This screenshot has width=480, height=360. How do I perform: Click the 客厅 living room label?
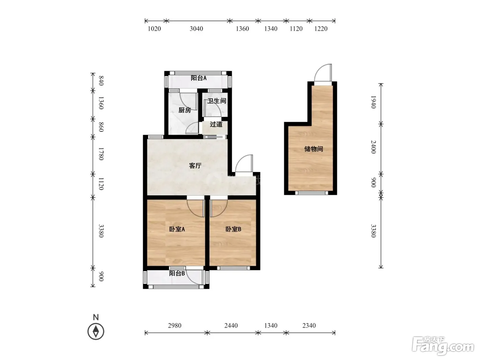[x=195, y=166]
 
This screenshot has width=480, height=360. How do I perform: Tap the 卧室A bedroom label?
[x=177, y=229]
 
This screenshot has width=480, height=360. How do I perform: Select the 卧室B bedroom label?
[x=233, y=229]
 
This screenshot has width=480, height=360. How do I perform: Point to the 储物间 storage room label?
[x=313, y=149]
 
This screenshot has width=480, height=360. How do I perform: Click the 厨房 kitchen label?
[x=184, y=110]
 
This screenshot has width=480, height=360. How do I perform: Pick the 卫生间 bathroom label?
[x=217, y=101]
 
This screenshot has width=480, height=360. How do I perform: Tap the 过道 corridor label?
[x=216, y=124]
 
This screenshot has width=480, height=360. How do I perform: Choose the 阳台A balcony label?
[x=199, y=78]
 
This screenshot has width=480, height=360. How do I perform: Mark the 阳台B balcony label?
[x=177, y=273]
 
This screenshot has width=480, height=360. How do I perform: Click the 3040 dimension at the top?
[x=196, y=29]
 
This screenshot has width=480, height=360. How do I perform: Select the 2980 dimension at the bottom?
[x=175, y=325]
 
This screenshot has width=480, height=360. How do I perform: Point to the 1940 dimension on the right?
[x=373, y=102]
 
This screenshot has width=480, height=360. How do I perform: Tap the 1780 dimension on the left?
[x=101, y=154]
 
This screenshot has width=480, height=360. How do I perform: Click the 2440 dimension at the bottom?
[x=231, y=325]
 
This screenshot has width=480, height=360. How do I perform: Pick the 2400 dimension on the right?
[x=373, y=147]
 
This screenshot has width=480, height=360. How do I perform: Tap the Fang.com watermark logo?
[x=443, y=346]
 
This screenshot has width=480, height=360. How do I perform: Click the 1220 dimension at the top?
[x=321, y=29]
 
